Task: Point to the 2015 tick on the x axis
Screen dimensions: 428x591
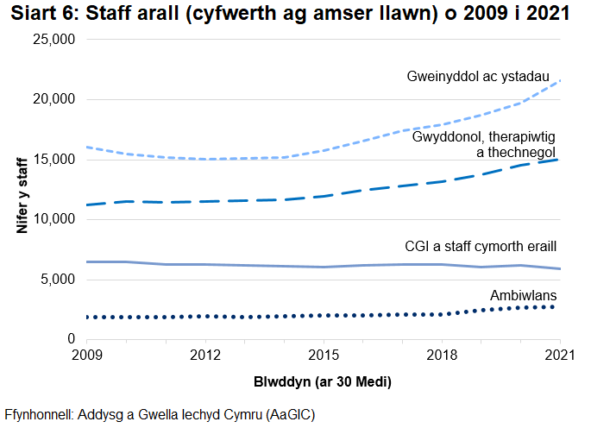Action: pos(324,355)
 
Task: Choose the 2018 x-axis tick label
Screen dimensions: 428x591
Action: pos(442,355)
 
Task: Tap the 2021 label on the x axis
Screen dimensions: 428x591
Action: pos(560,355)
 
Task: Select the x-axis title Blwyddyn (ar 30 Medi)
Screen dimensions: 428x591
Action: pos(324,381)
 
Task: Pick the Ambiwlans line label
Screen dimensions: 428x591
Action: pos(524,294)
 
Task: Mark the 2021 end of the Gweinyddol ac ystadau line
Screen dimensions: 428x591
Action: pos(560,80)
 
